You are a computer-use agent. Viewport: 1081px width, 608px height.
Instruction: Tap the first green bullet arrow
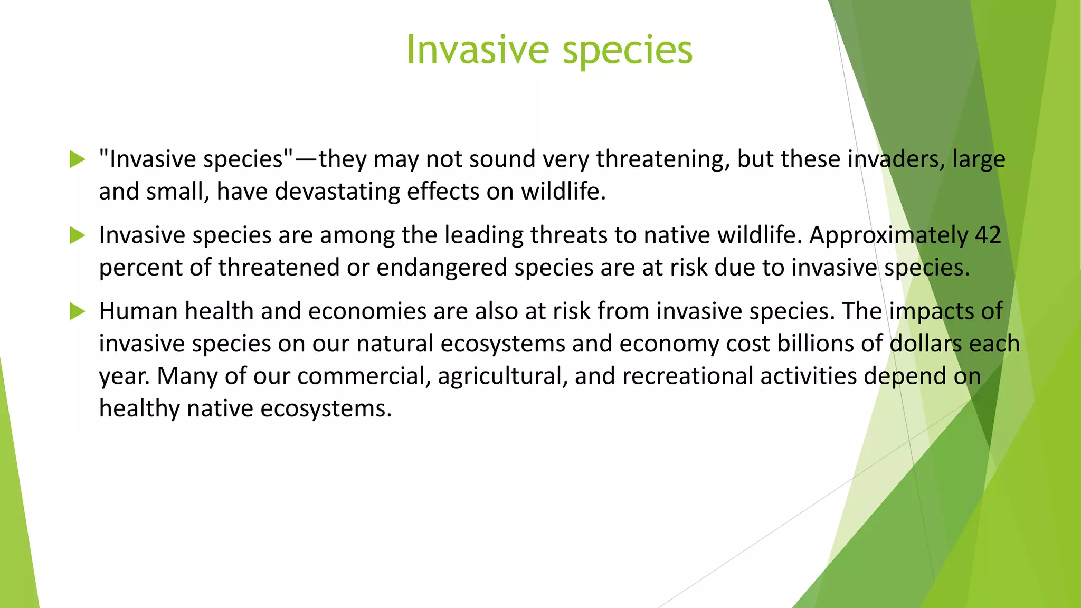click(x=77, y=159)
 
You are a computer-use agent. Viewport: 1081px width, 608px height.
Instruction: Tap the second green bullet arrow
click(x=77, y=235)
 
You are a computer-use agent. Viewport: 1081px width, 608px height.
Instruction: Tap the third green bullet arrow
click(x=77, y=311)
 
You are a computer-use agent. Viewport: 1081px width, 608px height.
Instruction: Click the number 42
click(x=988, y=235)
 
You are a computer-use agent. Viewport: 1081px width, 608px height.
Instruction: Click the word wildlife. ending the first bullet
click(x=563, y=192)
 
